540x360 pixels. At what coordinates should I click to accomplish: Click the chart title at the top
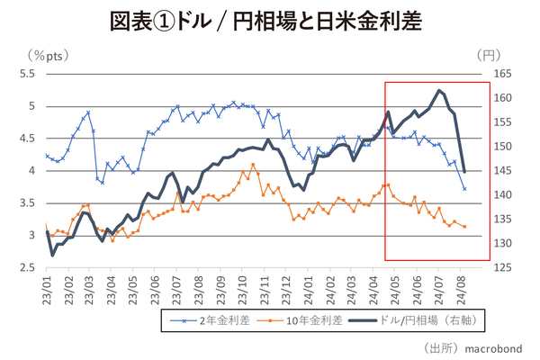[x=270, y=20]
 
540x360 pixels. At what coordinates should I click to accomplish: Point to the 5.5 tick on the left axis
[x=27, y=74]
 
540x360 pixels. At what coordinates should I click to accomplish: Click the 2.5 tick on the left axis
[x=27, y=268]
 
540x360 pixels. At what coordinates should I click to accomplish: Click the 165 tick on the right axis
[x=504, y=74]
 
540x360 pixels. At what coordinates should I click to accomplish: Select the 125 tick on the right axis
[x=504, y=268]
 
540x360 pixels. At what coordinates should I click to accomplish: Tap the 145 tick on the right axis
[x=504, y=171]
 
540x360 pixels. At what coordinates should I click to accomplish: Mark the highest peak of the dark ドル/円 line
[x=438, y=90]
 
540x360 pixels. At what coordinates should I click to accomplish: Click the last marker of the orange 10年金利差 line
[x=464, y=227]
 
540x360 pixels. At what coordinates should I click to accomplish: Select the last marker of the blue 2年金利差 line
[x=464, y=189]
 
